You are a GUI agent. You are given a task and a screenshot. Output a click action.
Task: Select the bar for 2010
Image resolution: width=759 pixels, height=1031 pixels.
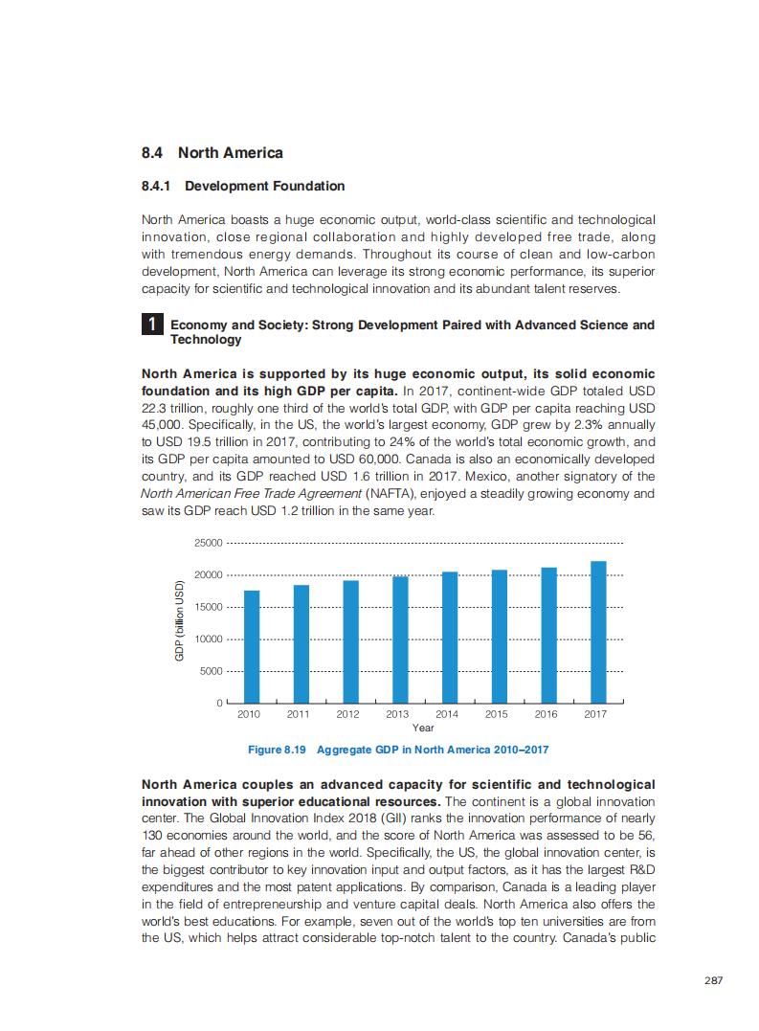click(x=252, y=647)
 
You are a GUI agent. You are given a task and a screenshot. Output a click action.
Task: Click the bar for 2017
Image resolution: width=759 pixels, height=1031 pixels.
click(x=598, y=632)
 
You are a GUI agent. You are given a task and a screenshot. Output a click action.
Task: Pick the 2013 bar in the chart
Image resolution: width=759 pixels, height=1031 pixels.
click(x=400, y=639)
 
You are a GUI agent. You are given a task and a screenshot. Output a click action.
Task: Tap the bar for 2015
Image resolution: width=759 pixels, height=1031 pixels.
click(x=500, y=637)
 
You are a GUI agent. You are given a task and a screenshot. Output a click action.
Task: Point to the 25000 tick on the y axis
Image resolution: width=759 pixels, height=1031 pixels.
click(x=208, y=543)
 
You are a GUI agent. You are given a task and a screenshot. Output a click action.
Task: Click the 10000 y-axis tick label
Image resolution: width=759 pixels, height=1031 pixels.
click(x=208, y=639)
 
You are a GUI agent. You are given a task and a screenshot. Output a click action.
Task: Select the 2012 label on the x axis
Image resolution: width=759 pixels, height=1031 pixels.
click(x=347, y=714)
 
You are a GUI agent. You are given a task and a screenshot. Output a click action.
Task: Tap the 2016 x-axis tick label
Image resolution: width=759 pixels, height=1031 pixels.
click(x=546, y=714)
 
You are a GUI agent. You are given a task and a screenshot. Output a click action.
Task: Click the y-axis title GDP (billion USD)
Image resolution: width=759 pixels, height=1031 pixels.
click(x=179, y=622)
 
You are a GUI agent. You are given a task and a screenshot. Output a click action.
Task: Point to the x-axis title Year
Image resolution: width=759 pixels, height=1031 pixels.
click(x=422, y=728)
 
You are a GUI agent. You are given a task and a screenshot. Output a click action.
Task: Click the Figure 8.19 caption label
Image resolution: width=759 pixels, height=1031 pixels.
click(x=278, y=750)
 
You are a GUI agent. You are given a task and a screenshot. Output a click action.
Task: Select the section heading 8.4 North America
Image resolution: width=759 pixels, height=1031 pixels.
click(x=212, y=153)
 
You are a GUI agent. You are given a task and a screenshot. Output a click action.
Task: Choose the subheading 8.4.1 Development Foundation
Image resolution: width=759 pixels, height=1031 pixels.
click(x=243, y=186)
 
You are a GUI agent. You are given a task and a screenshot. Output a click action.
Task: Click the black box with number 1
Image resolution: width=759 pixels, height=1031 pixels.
click(x=152, y=325)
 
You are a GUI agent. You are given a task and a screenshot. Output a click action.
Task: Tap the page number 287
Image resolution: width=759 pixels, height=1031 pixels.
click(x=712, y=981)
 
